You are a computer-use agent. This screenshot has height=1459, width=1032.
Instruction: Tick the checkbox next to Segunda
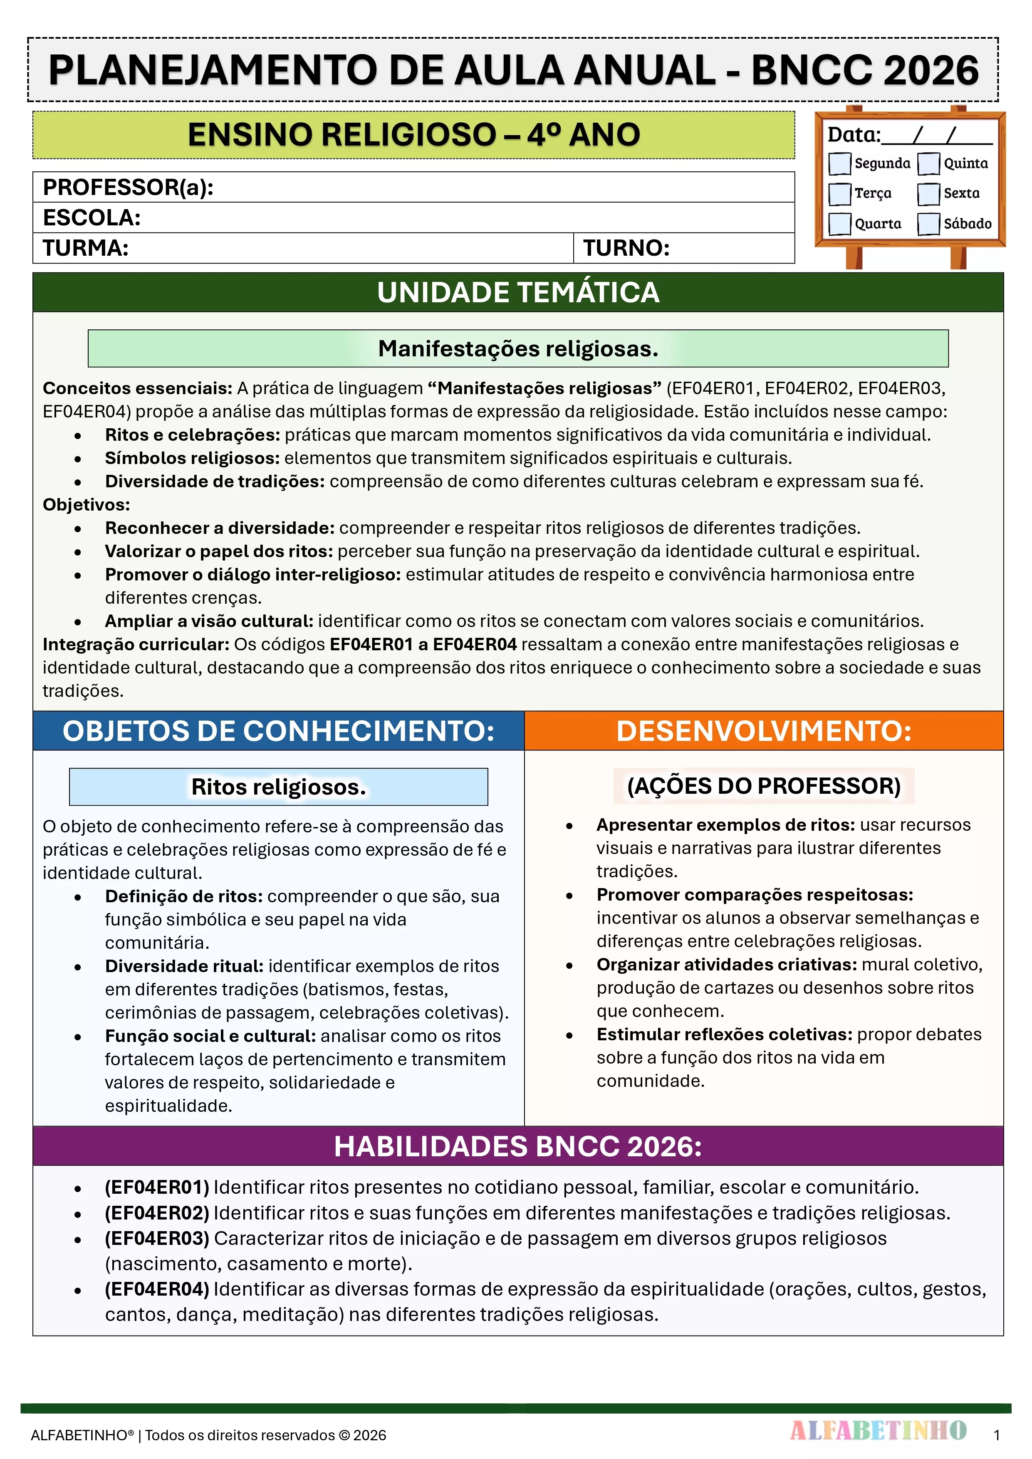(x=839, y=163)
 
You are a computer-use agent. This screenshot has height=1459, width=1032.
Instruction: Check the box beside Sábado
(x=928, y=224)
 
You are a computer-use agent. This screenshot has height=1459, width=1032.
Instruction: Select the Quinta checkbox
(x=928, y=163)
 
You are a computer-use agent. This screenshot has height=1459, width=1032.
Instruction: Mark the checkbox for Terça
(x=839, y=194)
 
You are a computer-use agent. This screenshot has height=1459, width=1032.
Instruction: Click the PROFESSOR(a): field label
(x=128, y=188)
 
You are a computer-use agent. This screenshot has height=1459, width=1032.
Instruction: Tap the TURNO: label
(x=626, y=248)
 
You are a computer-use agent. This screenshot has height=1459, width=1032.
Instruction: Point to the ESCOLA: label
(x=92, y=218)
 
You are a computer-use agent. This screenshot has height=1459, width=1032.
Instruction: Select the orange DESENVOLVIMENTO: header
(x=764, y=731)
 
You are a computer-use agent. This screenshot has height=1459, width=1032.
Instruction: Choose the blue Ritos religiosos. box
(x=279, y=787)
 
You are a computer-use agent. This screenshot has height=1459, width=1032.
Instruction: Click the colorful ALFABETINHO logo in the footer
(x=878, y=1430)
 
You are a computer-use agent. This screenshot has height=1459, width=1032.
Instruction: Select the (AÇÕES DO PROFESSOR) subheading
(x=764, y=786)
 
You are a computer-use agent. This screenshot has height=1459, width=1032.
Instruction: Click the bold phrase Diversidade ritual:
(x=184, y=966)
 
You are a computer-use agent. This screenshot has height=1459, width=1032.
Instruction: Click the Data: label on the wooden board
(x=853, y=135)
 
